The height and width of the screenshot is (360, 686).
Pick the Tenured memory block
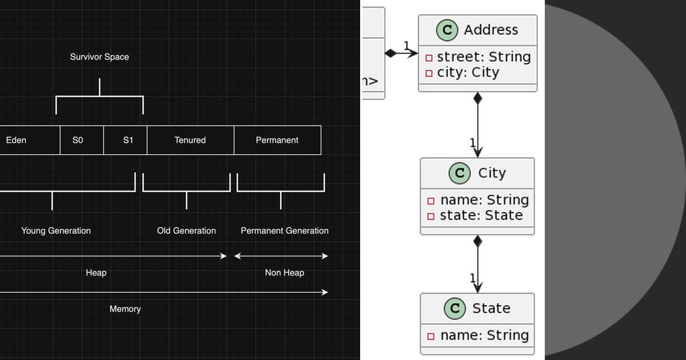tap(190, 140)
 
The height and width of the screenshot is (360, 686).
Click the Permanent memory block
tap(277, 140)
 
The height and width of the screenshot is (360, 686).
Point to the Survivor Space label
tap(99, 57)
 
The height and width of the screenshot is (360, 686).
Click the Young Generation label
tap(56, 231)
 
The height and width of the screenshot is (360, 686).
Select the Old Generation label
tap(186, 231)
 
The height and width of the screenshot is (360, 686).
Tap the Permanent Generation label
tap(285, 231)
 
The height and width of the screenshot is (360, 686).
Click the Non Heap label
tap(285, 273)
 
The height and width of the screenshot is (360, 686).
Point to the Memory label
tap(125, 309)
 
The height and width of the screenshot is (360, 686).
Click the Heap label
tap(96, 273)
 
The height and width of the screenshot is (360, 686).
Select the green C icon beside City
tap(460, 173)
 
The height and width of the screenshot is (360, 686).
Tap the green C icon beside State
tap(455, 309)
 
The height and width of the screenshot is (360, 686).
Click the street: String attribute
tap(483, 57)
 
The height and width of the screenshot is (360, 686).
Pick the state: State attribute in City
tap(480, 215)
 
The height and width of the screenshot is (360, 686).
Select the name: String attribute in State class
tap(484, 335)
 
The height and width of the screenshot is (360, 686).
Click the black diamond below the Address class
tap(477, 98)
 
